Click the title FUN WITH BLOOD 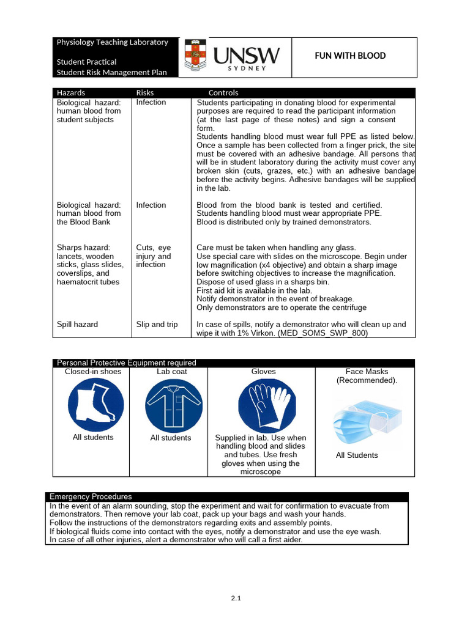[350, 56]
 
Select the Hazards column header [71, 92]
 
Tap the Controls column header [223, 92]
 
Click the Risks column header [145, 92]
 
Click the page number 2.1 [236, 598]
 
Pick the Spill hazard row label [77, 325]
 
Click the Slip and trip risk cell [157, 325]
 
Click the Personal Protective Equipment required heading [127, 363]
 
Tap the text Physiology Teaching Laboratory [112, 42]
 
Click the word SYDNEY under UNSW [247, 68]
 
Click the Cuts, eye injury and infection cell [154, 256]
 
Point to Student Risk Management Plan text [111, 72]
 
